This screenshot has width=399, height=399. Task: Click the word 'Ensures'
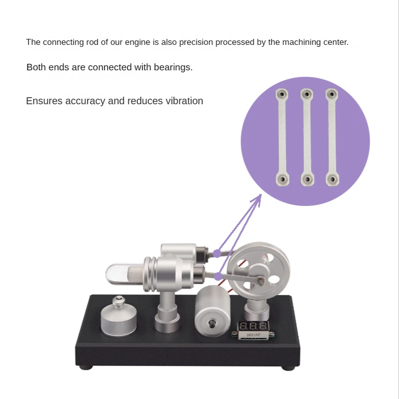44,101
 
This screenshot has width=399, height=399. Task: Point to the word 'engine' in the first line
138,42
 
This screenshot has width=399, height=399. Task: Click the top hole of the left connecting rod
282,94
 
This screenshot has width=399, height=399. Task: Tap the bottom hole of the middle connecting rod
307,180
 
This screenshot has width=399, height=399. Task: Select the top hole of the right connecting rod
332,94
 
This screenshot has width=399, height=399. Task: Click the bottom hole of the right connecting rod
332,180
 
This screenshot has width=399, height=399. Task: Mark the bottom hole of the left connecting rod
282,180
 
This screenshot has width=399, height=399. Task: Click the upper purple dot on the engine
217,253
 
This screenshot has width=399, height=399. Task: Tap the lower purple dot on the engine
218,277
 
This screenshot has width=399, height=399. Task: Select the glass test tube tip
109,274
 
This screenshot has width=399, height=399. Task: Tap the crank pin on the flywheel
260,280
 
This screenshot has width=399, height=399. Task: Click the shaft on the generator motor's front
211,324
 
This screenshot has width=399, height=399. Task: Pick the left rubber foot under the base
86,368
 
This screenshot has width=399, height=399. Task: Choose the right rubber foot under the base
289,368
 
